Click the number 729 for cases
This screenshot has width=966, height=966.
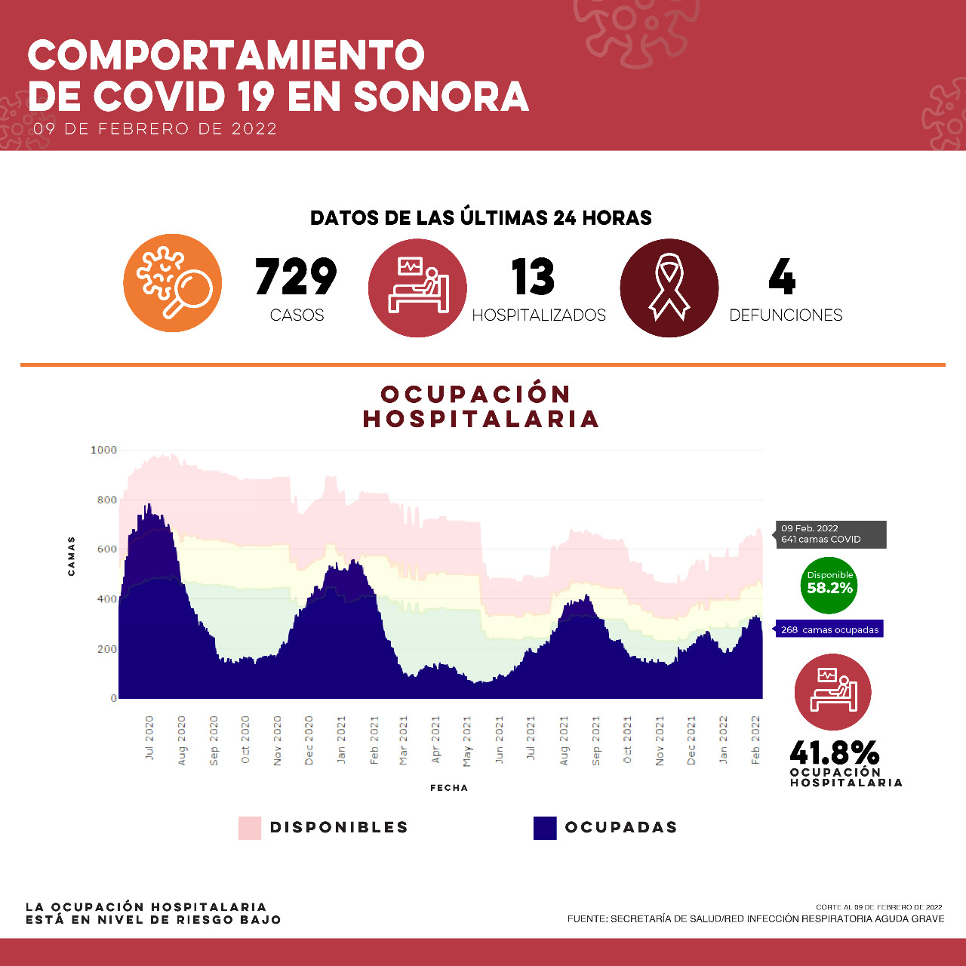pyautogui.click(x=296, y=277)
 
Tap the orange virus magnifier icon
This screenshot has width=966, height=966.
pyautogui.click(x=173, y=283)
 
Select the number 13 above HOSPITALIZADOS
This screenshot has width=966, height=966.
pyautogui.click(x=533, y=277)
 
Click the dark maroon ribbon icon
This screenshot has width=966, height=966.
pyautogui.click(x=669, y=288)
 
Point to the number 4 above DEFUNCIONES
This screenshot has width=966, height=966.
pyautogui.click(x=782, y=277)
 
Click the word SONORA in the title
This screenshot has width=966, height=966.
pyautogui.click(x=441, y=97)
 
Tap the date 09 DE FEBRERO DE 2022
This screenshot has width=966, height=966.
pyautogui.click(x=155, y=129)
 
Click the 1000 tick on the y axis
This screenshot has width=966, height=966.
pyautogui.click(x=104, y=451)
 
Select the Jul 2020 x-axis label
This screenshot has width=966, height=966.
pyautogui.click(x=149, y=738)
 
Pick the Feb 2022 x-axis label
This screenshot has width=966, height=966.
pyautogui.click(x=755, y=740)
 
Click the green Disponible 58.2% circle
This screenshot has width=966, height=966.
pyautogui.click(x=829, y=585)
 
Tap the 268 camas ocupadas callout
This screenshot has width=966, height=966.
pyautogui.click(x=829, y=629)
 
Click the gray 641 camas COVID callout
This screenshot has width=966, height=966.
pyautogui.click(x=830, y=534)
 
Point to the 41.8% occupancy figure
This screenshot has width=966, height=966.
pyautogui.click(x=835, y=752)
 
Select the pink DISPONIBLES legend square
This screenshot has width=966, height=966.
pyautogui.click(x=250, y=828)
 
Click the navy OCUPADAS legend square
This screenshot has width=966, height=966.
pyautogui.click(x=545, y=828)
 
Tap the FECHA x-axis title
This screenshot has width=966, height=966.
pyautogui.click(x=449, y=788)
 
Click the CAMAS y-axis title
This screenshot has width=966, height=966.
pyautogui.click(x=72, y=556)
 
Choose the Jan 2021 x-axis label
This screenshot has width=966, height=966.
pyautogui.click(x=341, y=740)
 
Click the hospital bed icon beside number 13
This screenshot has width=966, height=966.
pyautogui.click(x=417, y=288)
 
